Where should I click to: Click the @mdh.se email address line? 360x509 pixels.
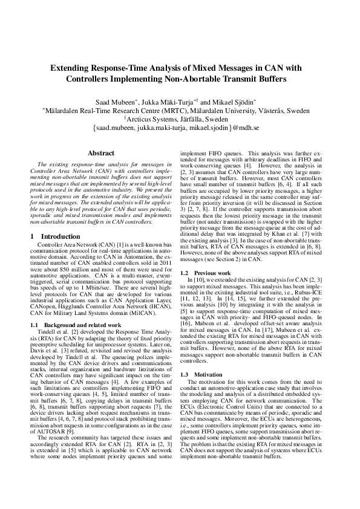point(180,128)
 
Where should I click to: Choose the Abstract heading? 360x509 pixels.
point(100,153)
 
